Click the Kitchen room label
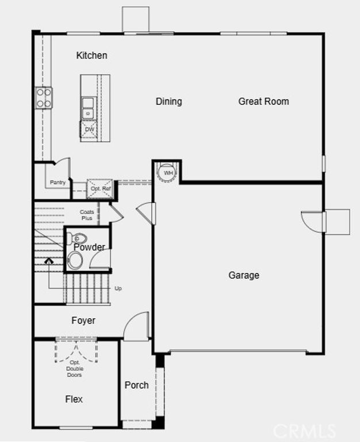[92, 55]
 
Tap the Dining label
[168, 101]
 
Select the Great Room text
[263, 101]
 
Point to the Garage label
[244, 275]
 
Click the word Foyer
[83, 321]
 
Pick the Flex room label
[74, 399]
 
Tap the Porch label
[136, 385]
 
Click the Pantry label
[58, 182]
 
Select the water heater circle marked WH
[168, 173]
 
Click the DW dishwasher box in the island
[89, 130]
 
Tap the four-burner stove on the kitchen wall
[44, 97]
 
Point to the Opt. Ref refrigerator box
[100, 189]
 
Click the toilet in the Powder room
[79, 238]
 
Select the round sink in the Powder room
[75, 261]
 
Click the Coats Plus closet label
[87, 215]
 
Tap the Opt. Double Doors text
[74, 368]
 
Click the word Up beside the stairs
[118, 288]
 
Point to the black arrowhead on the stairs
[49, 261]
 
